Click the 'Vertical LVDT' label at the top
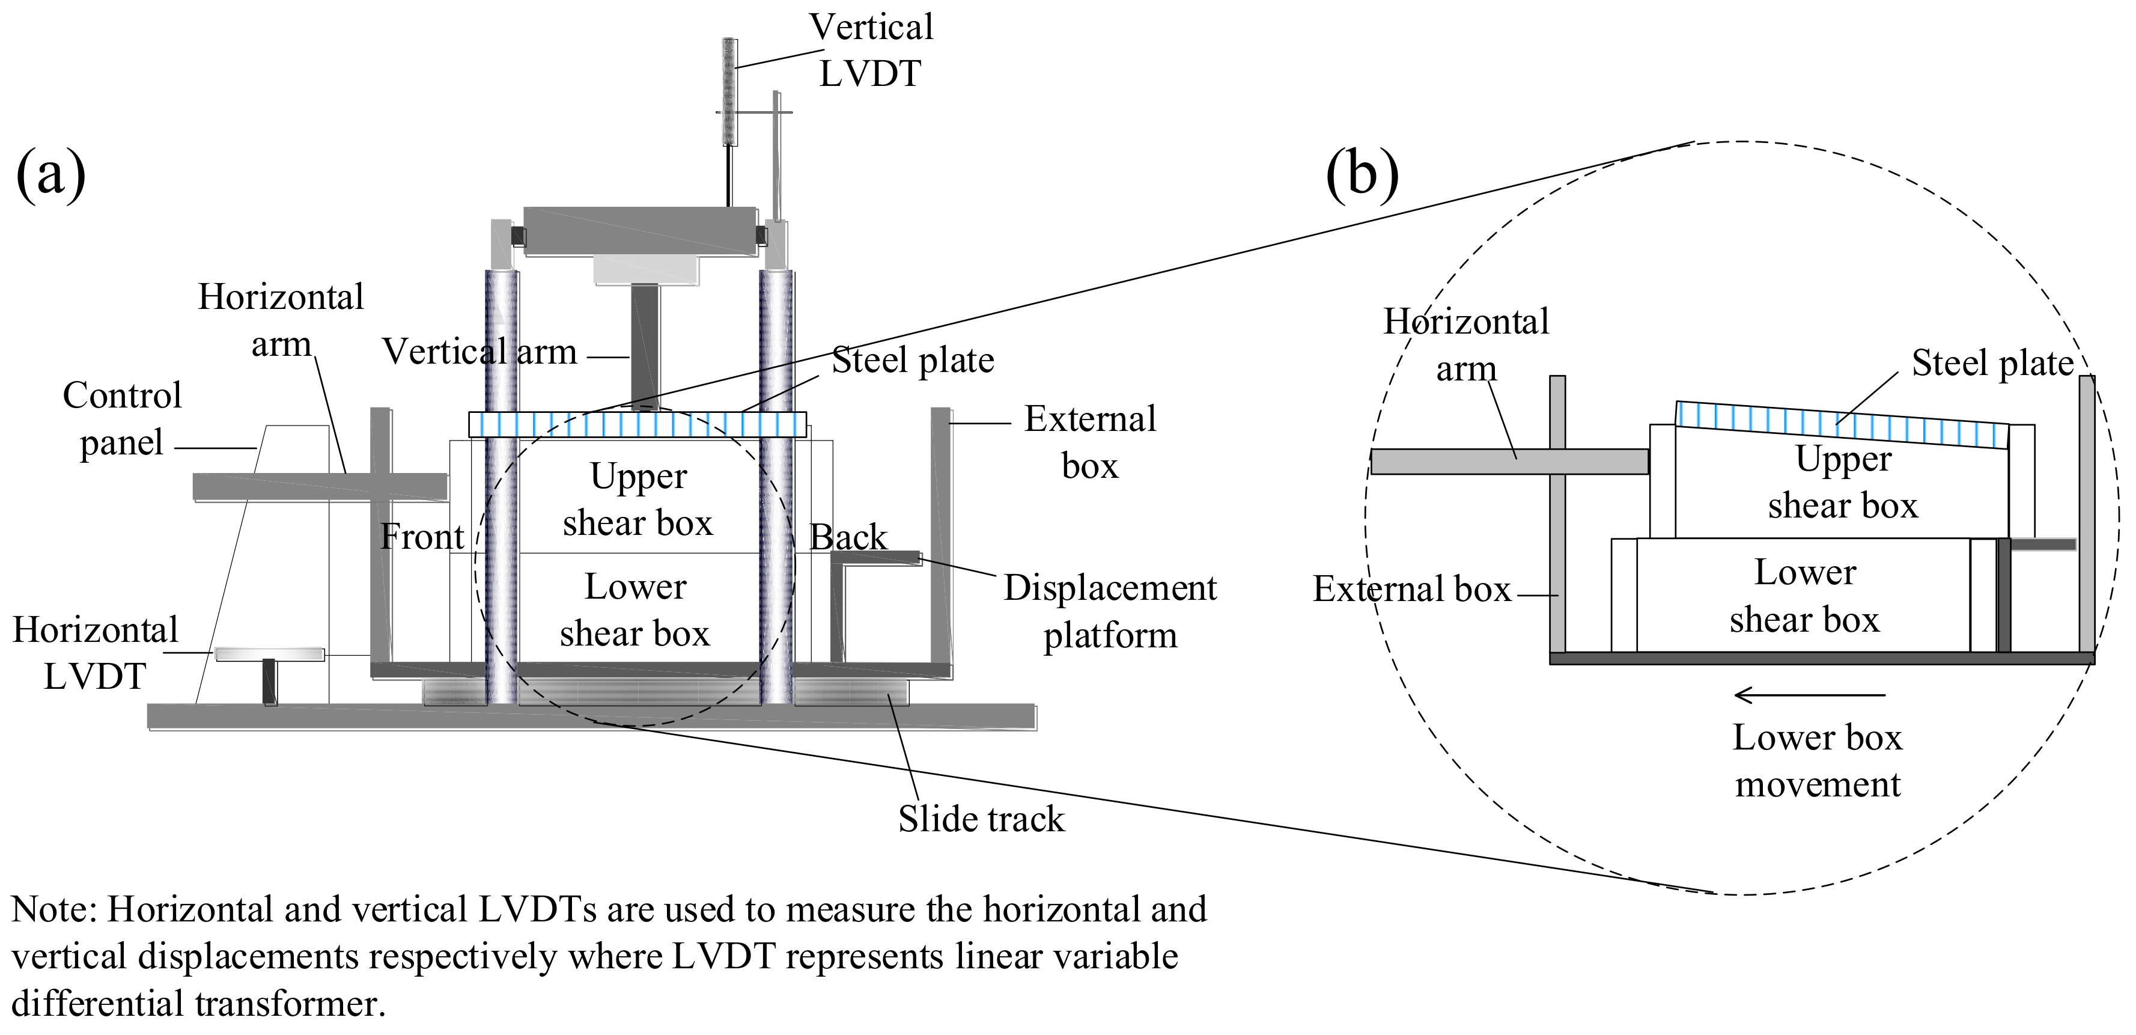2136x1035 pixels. pyautogui.click(x=871, y=50)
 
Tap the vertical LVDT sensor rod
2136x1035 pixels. pyautogui.click(x=729, y=91)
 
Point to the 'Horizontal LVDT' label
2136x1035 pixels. pyautogui.click(x=96, y=653)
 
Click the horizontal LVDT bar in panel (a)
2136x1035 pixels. pyautogui.click(x=270, y=655)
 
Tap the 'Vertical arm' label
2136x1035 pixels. pyautogui.click(x=479, y=352)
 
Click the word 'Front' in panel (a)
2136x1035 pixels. pyautogui.click(x=422, y=537)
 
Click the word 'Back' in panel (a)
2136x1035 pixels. pyautogui.click(x=847, y=537)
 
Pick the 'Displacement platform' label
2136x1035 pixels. pyautogui.click(x=1110, y=611)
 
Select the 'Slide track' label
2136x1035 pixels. pyautogui.click(x=981, y=819)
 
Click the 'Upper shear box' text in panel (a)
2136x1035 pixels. pyautogui.click(x=639, y=499)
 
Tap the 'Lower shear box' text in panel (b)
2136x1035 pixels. pyautogui.click(x=1804, y=596)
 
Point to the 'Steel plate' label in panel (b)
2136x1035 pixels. pyautogui.click(x=1992, y=363)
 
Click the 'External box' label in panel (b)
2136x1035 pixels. pyautogui.click(x=1412, y=589)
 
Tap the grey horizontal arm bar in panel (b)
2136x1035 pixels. pyautogui.click(x=1509, y=461)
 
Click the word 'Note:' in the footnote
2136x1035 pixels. pyautogui.click(x=55, y=909)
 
